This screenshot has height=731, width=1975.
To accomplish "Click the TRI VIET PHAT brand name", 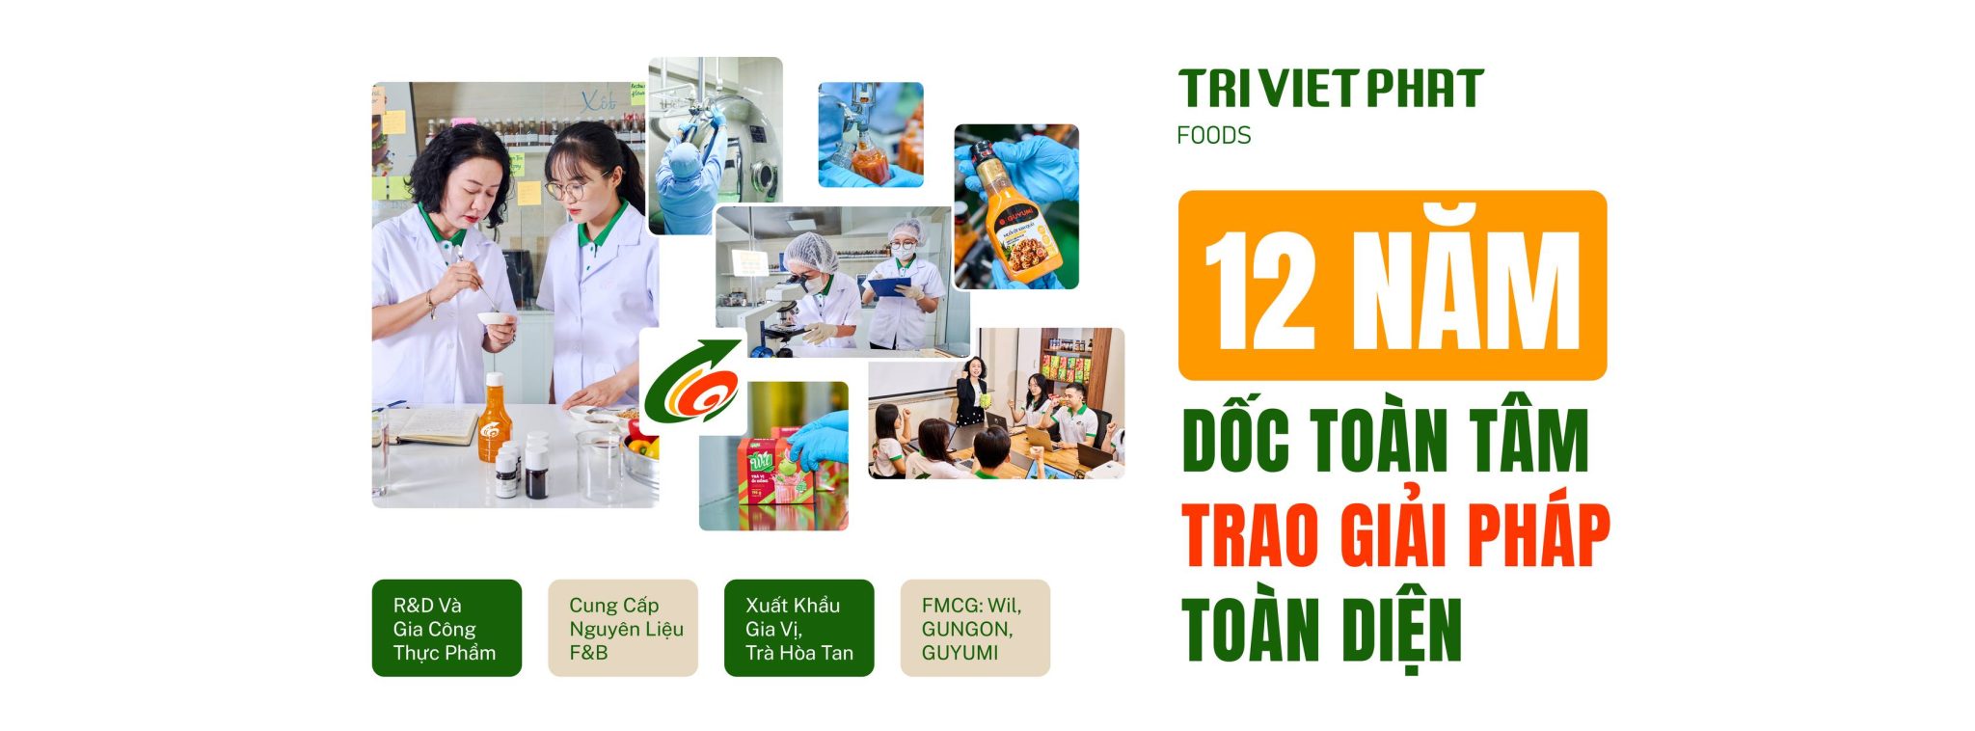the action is [1330, 89].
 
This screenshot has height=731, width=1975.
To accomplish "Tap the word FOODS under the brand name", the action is [1213, 135].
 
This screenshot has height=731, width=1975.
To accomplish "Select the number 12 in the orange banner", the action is [1261, 290].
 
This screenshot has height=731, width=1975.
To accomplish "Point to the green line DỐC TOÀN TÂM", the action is [1385, 441].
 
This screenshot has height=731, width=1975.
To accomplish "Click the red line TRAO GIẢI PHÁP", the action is [1395, 534].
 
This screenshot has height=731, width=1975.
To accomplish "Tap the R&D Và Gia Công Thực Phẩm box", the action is [446, 628].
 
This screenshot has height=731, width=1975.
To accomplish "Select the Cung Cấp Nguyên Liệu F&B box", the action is [623, 628].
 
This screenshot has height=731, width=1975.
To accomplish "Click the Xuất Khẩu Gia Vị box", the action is [799, 628].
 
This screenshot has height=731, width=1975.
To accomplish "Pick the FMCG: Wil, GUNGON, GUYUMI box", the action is [975, 628].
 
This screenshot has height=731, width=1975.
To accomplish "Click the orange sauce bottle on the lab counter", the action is [492, 419].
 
